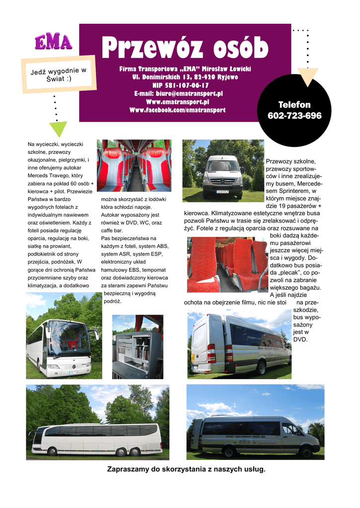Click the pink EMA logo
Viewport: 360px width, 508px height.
53,42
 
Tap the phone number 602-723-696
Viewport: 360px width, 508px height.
294,116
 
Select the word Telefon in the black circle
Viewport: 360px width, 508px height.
294,105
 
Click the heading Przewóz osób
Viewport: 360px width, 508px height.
185,48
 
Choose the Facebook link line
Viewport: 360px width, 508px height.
177,110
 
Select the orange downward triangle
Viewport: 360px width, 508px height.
309,77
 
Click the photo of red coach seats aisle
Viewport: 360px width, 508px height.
134,165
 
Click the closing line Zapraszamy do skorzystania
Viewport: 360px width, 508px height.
186,469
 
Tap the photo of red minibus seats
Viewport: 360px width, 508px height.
227,264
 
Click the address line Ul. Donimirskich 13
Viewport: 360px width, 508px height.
185,77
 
